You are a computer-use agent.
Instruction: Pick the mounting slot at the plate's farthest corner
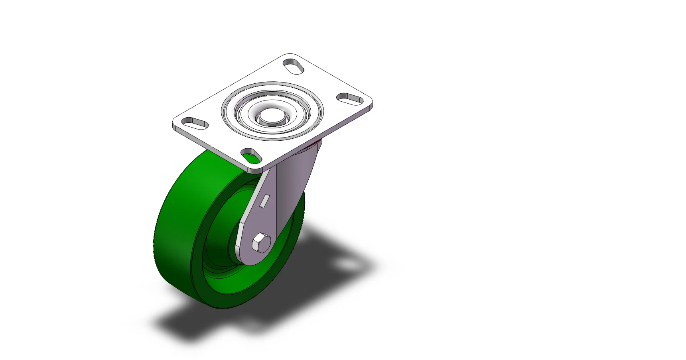click(x=294, y=66)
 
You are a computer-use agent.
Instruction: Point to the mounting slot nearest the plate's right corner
click(x=350, y=98)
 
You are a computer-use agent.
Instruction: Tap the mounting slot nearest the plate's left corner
click(x=195, y=123)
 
